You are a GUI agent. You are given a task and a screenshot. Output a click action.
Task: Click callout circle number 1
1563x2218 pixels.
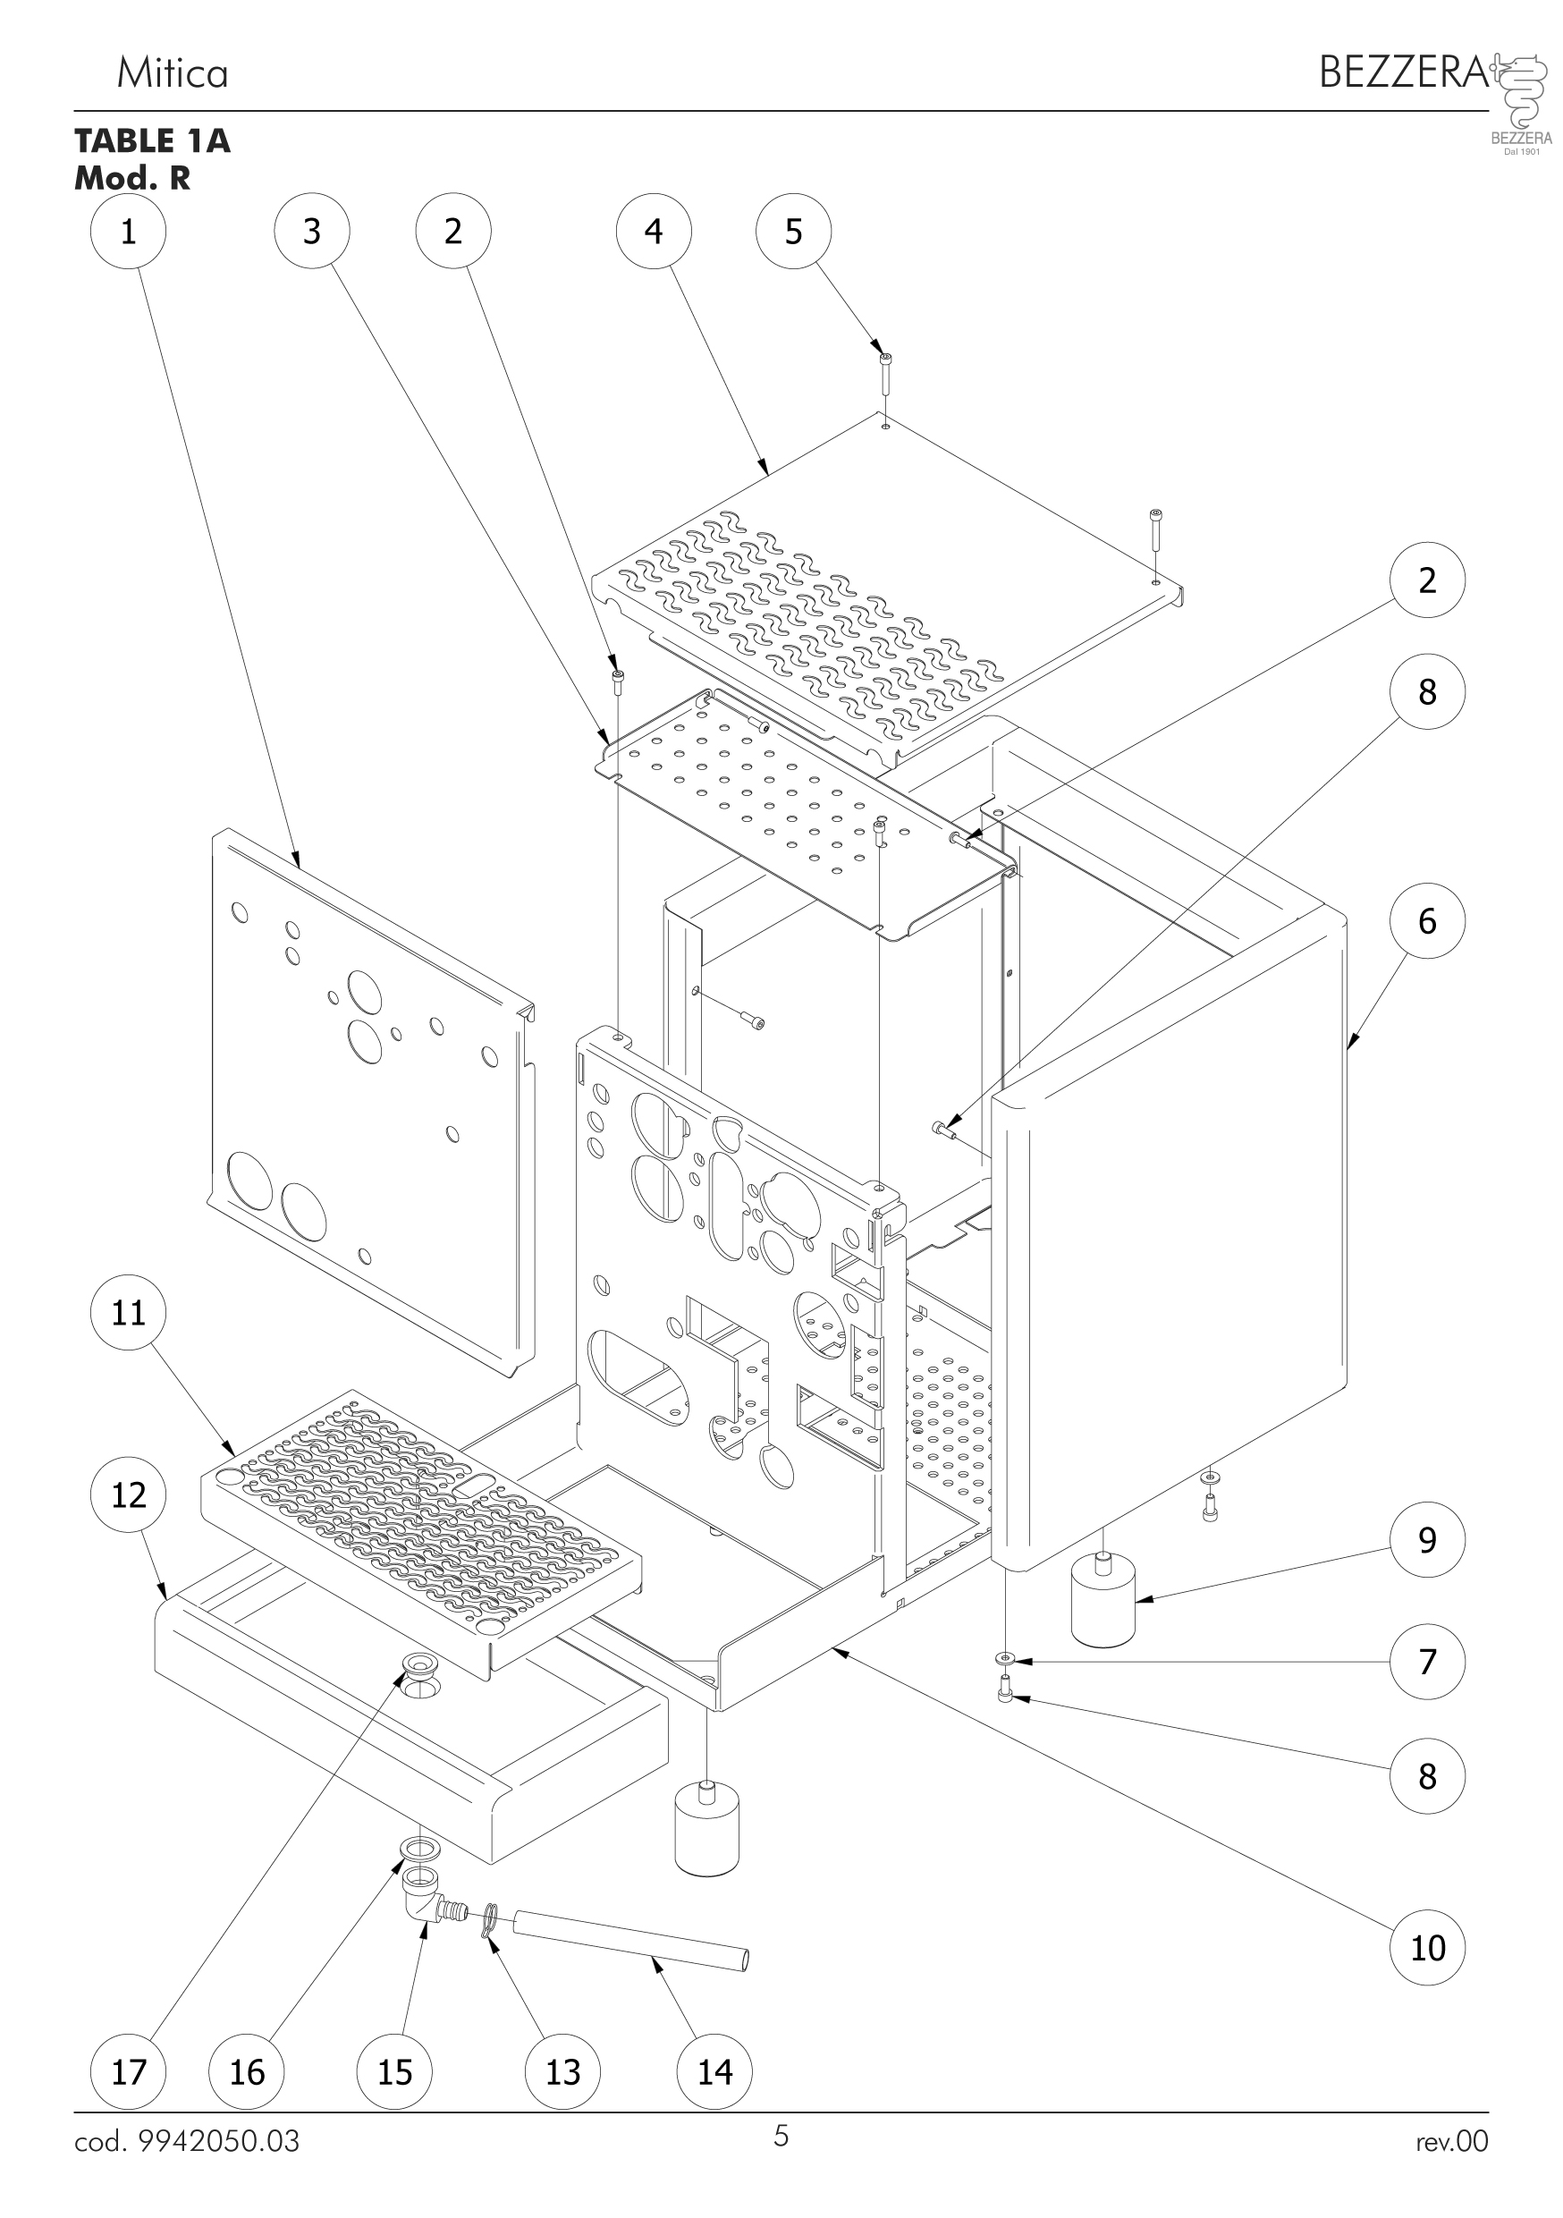click(128, 232)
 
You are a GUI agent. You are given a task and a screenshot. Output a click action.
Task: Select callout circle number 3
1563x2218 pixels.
click(312, 232)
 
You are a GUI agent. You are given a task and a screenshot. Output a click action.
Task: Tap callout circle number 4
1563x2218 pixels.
click(654, 232)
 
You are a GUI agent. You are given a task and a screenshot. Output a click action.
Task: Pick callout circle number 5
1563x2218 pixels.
click(793, 232)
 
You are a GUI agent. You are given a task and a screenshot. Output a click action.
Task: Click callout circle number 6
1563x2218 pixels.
click(1427, 920)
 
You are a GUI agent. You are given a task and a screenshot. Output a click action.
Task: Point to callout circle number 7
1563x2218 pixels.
click(1427, 1662)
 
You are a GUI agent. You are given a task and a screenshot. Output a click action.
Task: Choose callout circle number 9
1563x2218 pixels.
click(1427, 1540)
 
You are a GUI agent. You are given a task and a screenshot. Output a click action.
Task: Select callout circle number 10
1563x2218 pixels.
click(1427, 1948)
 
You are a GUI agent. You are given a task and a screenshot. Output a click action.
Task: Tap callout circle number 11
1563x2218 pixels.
click(128, 1313)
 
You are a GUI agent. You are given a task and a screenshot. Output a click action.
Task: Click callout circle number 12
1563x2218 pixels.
click(128, 1494)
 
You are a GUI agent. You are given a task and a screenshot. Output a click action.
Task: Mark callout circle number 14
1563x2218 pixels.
click(714, 2071)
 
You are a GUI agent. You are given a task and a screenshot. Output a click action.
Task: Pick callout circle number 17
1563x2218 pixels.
click(128, 2071)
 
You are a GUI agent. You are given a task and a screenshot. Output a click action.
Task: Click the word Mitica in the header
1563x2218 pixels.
click(172, 73)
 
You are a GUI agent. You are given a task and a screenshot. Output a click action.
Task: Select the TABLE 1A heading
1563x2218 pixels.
click(153, 141)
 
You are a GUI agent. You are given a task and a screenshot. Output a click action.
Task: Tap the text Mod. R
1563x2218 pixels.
click(132, 178)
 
